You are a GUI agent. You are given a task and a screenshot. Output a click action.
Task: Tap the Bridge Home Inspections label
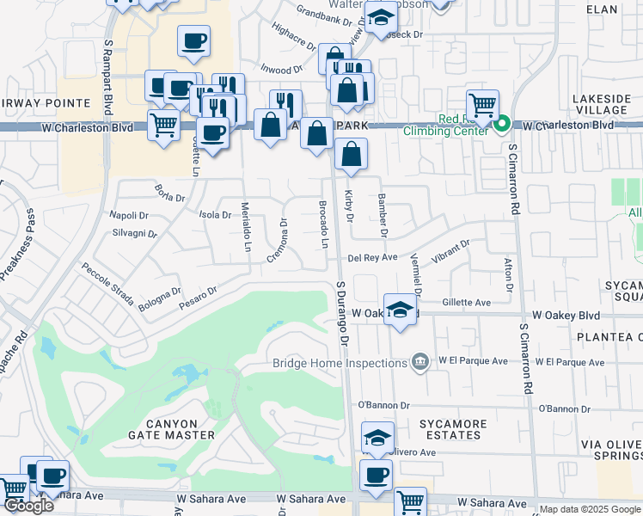coord(340,362)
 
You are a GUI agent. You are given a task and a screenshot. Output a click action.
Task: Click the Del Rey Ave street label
coord(372,257)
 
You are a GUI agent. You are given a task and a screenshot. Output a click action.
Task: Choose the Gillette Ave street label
coord(466,303)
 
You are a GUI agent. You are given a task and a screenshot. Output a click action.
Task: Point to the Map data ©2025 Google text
coord(590,509)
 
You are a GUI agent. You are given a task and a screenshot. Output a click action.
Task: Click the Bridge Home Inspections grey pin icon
coord(420,360)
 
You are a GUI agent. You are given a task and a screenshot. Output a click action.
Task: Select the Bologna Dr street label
coord(162,298)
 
